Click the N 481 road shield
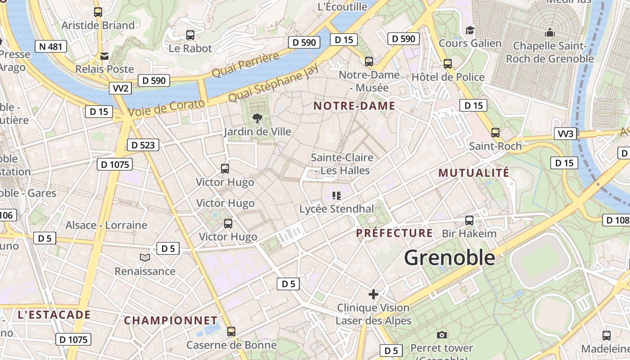(x=50, y=46)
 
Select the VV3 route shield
(x=566, y=134)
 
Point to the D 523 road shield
(x=143, y=145)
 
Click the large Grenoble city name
(x=449, y=258)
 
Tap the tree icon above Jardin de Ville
(x=257, y=118)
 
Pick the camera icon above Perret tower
(x=442, y=335)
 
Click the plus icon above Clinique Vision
(x=373, y=294)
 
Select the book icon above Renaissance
(x=144, y=258)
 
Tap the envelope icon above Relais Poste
(x=104, y=56)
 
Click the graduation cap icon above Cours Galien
(x=470, y=30)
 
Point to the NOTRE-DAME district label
(x=354, y=106)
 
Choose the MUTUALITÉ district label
(x=474, y=173)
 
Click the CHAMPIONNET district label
(x=171, y=320)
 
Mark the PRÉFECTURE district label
(x=394, y=233)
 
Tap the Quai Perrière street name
(x=245, y=65)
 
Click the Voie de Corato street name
(x=166, y=108)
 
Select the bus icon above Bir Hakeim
(x=469, y=220)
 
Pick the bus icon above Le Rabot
(x=190, y=35)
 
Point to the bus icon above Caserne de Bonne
(x=231, y=332)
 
